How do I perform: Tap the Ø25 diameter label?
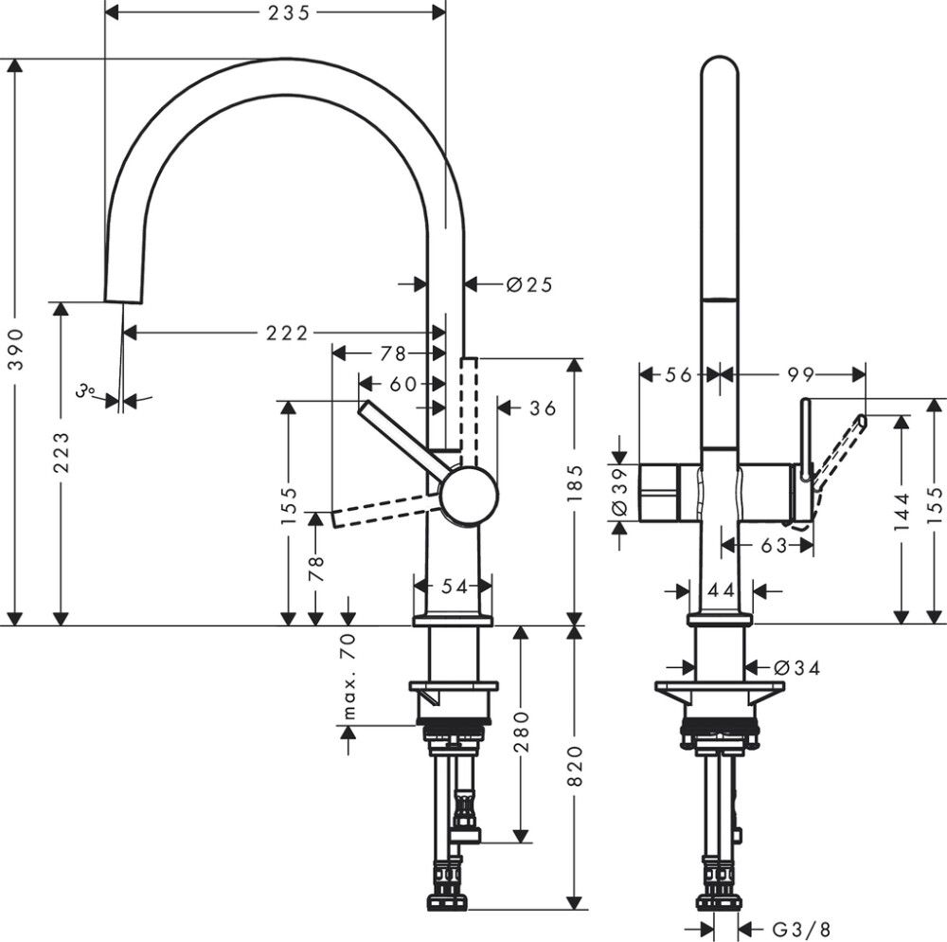528,283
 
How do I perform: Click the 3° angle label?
86,389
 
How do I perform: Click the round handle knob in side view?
468,495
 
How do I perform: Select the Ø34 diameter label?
794,667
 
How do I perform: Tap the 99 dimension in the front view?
801,375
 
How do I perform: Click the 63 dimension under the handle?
774,545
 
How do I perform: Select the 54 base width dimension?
455,587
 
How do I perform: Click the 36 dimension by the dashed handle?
542,408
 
